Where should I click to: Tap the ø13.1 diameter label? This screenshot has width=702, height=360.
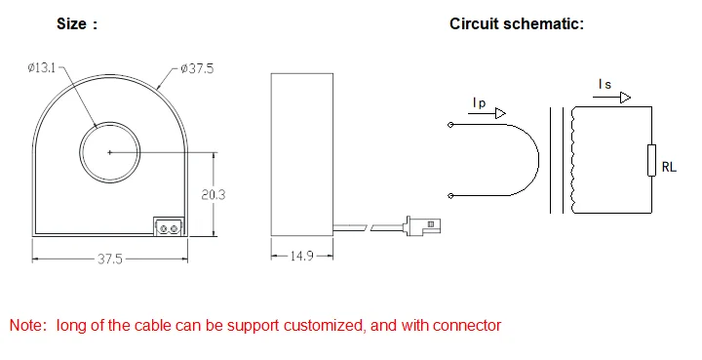pyautogui.click(x=43, y=68)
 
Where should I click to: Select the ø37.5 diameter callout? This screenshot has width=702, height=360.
pyautogui.click(x=197, y=68)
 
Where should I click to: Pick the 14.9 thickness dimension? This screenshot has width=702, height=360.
pyautogui.click(x=301, y=258)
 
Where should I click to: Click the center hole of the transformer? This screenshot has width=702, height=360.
pyautogui.click(x=109, y=152)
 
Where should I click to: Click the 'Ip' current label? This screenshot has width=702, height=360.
pyautogui.click(x=478, y=102)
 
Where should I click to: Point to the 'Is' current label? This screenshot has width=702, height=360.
pyautogui.click(x=605, y=85)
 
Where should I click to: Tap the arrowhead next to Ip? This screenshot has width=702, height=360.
pyautogui.click(x=502, y=114)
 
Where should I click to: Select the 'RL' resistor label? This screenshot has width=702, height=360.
pyautogui.click(x=669, y=167)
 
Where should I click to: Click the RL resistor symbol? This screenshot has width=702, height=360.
pyautogui.click(x=650, y=161)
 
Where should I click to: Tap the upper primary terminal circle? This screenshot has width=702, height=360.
pyautogui.click(x=449, y=125)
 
